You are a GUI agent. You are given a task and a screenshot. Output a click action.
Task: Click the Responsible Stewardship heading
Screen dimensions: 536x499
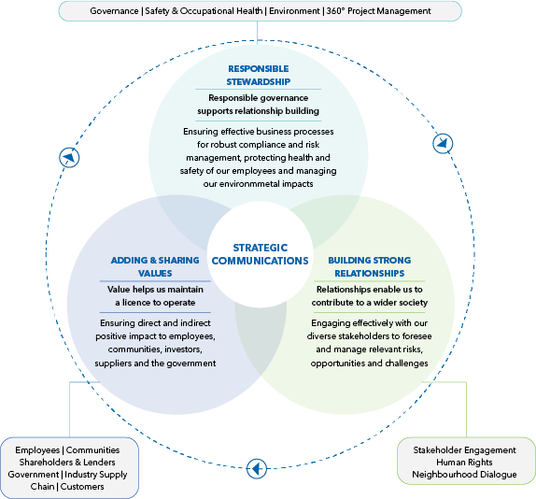pyautogui.click(x=258, y=76)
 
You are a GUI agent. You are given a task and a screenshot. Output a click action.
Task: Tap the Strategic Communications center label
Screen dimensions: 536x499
pyautogui.click(x=261, y=254)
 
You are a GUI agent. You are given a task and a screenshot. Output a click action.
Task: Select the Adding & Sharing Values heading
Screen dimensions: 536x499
pyautogui.click(x=155, y=266)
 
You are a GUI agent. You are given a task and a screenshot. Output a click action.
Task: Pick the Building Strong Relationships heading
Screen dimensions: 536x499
pyautogui.click(x=370, y=266)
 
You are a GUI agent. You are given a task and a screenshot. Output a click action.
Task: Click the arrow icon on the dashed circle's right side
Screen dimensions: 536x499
pyautogui.click(x=443, y=143)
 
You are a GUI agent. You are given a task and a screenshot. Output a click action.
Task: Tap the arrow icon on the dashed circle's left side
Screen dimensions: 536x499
pyautogui.click(x=69, y=158)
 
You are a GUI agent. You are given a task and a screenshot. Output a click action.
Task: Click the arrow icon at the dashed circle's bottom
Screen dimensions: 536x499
pyautogui.click(x=257, y=468)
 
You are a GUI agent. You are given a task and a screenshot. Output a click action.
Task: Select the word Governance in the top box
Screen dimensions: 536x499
pyautogui.click(x=114, y=11)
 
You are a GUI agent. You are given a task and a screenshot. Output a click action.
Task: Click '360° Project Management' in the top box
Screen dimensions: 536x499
pyautogui.click(x=379, y=11)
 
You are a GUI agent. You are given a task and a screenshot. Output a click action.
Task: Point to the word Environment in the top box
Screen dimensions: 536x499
pyautogui.click(x=294, y=11)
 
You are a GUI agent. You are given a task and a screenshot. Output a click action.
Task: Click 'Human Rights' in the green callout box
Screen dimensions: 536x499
pyautogui.click(x=464, y=463)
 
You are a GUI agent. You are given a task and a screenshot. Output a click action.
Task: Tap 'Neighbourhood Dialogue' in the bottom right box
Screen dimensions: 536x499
pyautogui.click(x=464, y=475)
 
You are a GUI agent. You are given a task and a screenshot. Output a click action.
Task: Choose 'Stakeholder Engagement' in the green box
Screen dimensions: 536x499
pyautogui.click(x=464, y=450)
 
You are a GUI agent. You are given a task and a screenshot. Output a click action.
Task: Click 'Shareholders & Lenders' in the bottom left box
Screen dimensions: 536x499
pyautogui.click(x=67, y=463)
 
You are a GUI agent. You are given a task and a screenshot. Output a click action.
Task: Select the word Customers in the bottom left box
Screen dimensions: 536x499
pyautogui.click(x=82, y=486)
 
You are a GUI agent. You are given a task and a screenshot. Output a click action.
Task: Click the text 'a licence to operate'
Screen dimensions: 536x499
pyautogui.click(x=155, y=303)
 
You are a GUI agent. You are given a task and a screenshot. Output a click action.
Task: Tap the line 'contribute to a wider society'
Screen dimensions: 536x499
pyautogui.click(x=370, y=303)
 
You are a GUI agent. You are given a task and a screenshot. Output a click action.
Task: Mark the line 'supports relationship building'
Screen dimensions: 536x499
pyautogui.click(x=258, y=111)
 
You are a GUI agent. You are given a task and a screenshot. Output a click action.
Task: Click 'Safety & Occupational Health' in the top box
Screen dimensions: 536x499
pyautogui.click(x=204, y=11)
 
